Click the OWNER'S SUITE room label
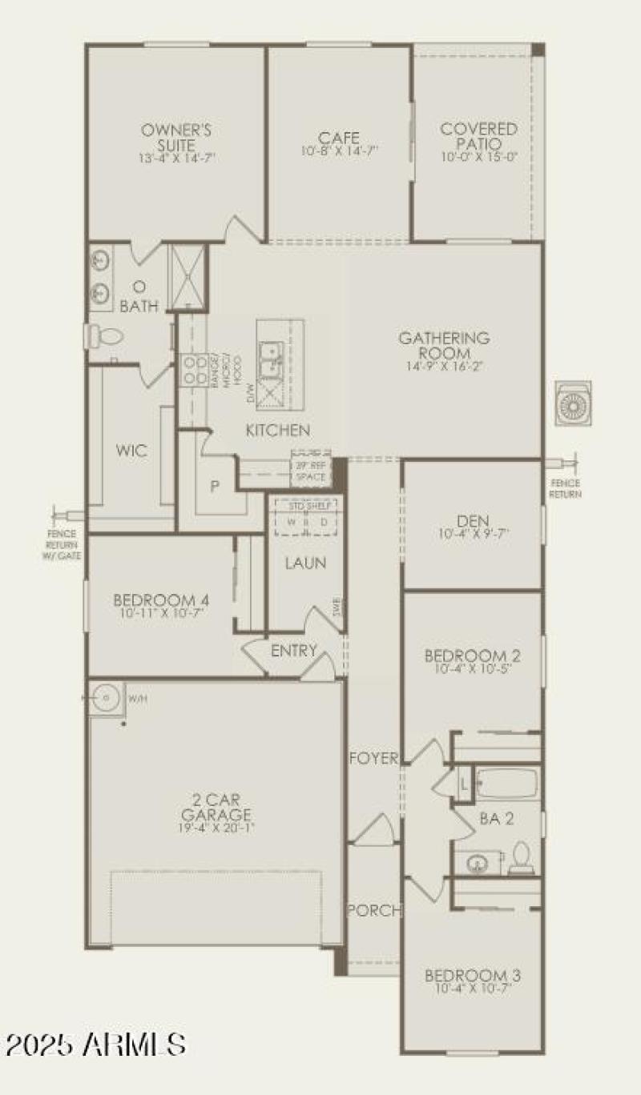pos(176,137)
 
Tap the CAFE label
pos(340,138)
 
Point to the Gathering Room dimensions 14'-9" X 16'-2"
pos(445,365)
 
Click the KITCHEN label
pos(277,431)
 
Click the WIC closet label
pos(131,451)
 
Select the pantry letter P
pos(215,485)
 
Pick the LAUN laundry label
pos(305,563)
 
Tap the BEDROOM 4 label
pos(161,600)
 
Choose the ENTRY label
pos(294,651)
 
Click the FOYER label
pos(373,758)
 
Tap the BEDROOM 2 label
pos(472,656)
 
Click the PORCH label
pos(373,910)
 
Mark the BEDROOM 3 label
pos(472,976)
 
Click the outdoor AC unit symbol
pos(574,403)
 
